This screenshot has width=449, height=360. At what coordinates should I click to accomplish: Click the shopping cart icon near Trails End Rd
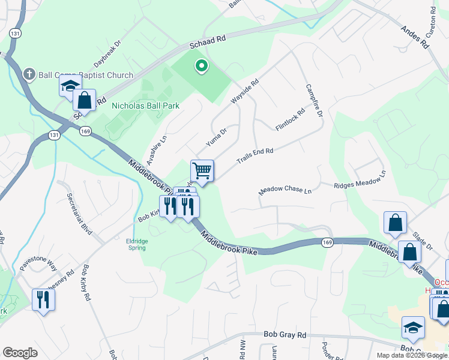point(202,171)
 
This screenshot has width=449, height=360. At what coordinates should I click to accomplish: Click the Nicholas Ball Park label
point(146,106)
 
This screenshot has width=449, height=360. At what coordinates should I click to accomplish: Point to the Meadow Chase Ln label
point(286,190)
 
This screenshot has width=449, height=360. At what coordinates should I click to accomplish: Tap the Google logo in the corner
point(20,353)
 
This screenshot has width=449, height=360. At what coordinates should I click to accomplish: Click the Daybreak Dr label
point(107,53)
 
